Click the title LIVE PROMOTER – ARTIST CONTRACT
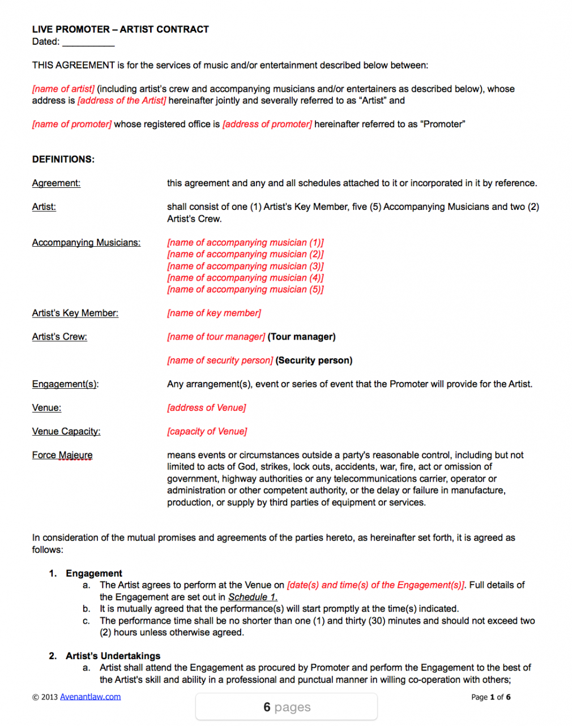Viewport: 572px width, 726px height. tap(120, 29)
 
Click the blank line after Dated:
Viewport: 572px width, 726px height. tap(88, 42)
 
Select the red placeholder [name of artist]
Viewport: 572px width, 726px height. tap(63, 89)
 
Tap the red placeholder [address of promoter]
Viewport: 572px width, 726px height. tap(267, 124)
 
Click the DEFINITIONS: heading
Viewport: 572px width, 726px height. tap(63, 160)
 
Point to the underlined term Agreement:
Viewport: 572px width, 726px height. tap(56, 183)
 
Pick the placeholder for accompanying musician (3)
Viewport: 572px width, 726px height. tap(245, 266)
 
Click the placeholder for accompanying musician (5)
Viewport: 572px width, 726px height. tap(245, 290)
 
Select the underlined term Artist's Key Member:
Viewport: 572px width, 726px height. tap(75, 313)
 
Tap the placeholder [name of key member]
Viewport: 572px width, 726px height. tap(214, 313)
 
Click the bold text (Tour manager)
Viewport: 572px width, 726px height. tap(301, 337)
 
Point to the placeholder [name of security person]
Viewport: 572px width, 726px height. tap(220, 360)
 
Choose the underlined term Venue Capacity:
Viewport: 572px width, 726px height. tap(66, 432)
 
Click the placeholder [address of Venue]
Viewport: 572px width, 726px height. tap(206, 408)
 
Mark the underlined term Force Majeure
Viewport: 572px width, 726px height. tap(62, 456)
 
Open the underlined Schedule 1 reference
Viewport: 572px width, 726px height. tap(253, 597)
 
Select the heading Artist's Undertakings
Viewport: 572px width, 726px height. tap(113, 656)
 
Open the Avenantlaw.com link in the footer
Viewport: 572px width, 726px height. tap(90, 697)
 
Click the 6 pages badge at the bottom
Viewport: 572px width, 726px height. tap(287, 707)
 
